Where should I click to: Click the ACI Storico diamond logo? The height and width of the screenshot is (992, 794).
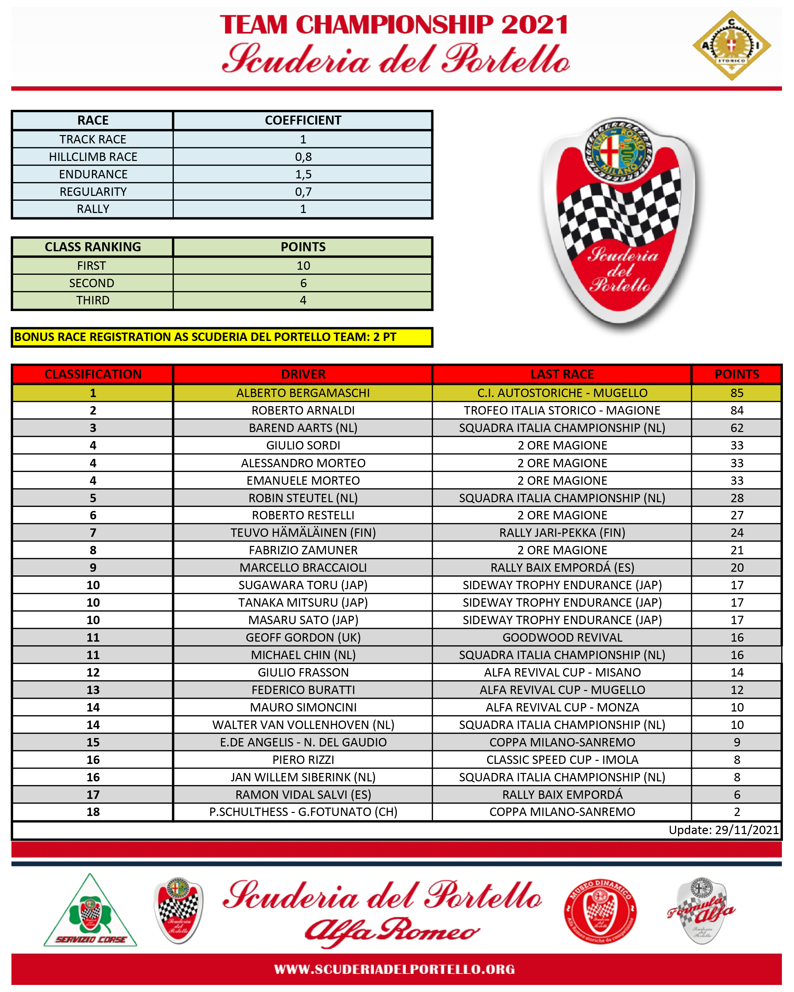click(731, 46)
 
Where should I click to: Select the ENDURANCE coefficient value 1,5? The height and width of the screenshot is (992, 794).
click(303, 174)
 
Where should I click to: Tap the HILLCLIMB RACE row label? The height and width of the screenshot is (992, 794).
click(93, 157)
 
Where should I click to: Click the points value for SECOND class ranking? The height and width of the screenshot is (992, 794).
click(303, 283)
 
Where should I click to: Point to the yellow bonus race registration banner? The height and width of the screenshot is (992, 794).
click(222, 337)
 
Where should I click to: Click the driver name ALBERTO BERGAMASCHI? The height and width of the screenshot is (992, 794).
click(303, 393)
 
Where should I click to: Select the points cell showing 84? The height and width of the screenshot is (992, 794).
click(737, 411)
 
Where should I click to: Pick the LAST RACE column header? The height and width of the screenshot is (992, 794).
click(562, 374)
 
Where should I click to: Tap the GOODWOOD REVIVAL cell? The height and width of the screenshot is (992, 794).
click(562, 637)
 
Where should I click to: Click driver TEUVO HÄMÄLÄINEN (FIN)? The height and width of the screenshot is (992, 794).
click(303, 532)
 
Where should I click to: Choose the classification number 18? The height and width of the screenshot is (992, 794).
click(93, 812)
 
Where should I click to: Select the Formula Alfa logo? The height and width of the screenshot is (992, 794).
click(701, 911)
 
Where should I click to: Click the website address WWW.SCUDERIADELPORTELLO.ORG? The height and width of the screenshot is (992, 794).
click(394, 969)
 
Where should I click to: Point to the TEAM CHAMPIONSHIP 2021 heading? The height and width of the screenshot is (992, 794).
click(394, 25)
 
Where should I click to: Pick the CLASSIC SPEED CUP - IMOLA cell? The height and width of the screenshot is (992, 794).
click(562, 760)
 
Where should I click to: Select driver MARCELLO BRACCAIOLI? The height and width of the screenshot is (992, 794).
click(303, 567)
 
